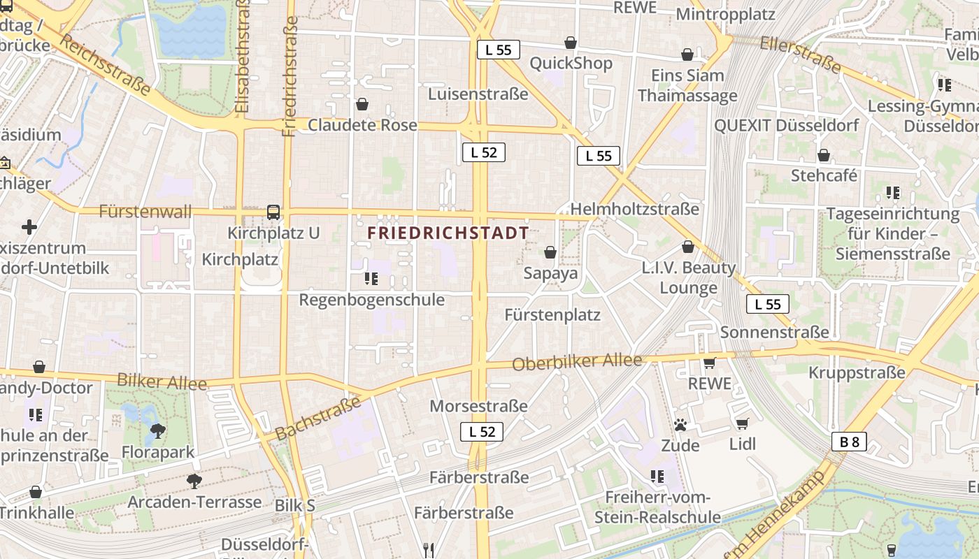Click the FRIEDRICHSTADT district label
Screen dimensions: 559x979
point(448,233)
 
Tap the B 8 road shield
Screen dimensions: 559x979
point(849,442)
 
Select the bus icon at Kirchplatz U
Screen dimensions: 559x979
point(273,212)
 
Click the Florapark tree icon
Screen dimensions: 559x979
point(158,431)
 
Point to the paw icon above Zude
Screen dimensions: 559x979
point(680,424)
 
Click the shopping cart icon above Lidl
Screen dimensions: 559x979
point(742,423)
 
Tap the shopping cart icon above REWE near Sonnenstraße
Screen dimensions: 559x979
point(709,363)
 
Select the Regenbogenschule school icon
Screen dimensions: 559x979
point(371,279)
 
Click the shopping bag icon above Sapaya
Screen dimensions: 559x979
point(550,252)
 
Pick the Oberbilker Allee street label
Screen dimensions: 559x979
point(577,362)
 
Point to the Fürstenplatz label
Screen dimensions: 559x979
point(552,315)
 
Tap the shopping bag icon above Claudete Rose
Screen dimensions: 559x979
point(362,105)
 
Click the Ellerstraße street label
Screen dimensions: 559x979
point(800,54)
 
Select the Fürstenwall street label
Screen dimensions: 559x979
point(145,212)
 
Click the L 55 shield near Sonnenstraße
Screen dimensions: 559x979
point(767,304)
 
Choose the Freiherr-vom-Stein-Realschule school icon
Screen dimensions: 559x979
point(657,477)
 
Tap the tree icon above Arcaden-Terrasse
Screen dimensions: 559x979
point(194,481)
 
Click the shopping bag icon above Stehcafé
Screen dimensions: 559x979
point(824,155)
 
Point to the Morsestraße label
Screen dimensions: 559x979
point(478,406)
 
